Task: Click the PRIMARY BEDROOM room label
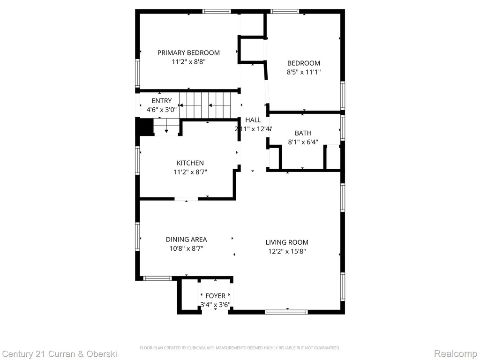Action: pyautogui.click(x=188, y=52)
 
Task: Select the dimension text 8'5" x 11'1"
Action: pyautogui.click(x=304, y=72)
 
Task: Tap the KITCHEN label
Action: pyautogui.click(x=190, y=163)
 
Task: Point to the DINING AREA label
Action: pyautogui.click(x=187, y=240)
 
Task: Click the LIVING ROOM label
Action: pyautogui.click(x=287, y=242)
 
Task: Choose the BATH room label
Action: pyautogui.click(x=303, y=133)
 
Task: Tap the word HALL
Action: pyautogui.click(x=253, y=120)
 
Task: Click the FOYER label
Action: pyautogui.click(x=215, y=296)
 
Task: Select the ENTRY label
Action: pyautogui.click(x=162, y=101)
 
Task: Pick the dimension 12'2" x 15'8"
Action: pyautogui.click(x=287, y=252)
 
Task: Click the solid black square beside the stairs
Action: pyautogui.click(x=144, y=127)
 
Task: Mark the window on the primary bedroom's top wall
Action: pyautogui.click(x=217, y=12)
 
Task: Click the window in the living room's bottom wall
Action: pyautogui.click(x=286, y=312)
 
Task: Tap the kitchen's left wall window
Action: pyautogui.click(x=137, y=160)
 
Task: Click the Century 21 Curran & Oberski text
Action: pyautogui.click(x=60, y=354)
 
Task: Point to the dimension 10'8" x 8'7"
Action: pyautogui.click(x=187, y=248)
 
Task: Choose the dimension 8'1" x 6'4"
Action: pyautogui.click(x=303, y=142)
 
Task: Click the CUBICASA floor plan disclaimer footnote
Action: pyautogui.click(x=240, y=348)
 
